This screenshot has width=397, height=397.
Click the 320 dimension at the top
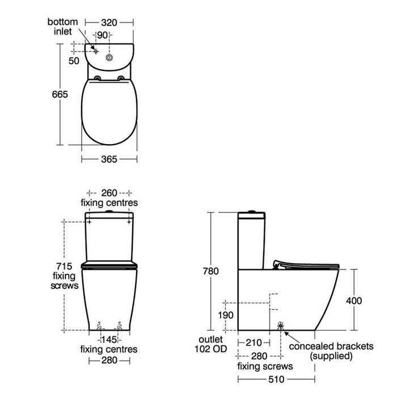[x=109, y=23]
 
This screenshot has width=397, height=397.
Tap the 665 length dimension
[x=60, y=95]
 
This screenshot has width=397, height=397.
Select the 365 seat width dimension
[x=109, y=159]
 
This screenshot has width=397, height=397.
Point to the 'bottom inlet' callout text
[x=62, y=27]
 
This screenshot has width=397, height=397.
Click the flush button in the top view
[x=109, y=58]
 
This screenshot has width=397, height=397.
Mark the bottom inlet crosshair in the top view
[x=96, y=52]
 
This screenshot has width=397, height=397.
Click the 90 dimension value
[x=102, y=35]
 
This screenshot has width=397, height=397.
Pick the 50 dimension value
[x=74, y=61]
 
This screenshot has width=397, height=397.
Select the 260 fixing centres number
[x=109, y=193]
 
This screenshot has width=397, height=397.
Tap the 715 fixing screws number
[x=64, y=267]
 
